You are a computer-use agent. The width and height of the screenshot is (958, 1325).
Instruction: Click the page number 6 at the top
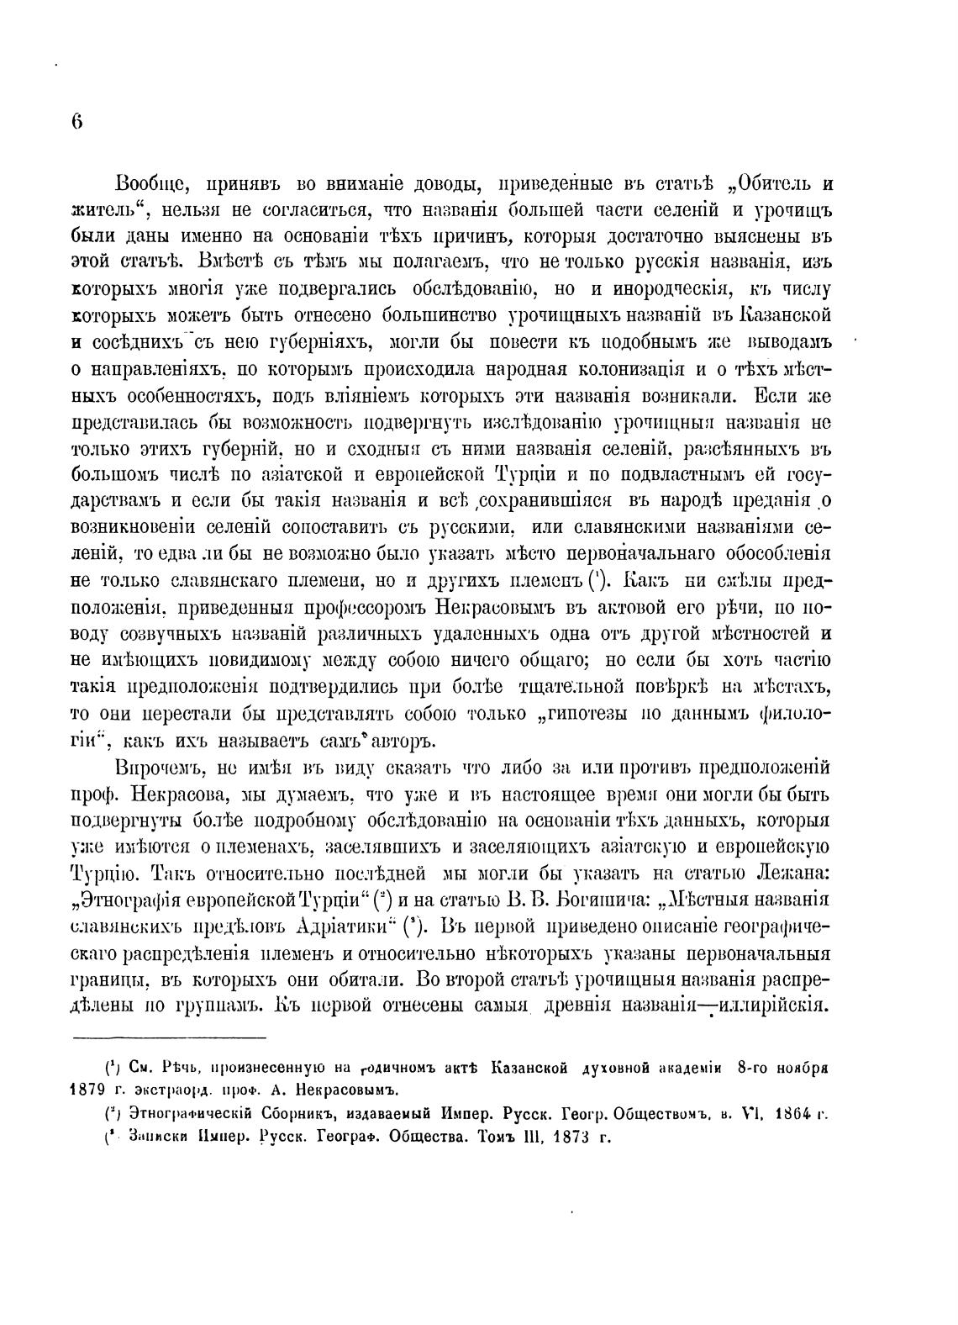[x=76, y=121]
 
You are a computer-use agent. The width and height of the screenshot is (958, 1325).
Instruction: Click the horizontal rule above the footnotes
[x=168, y=1039]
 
